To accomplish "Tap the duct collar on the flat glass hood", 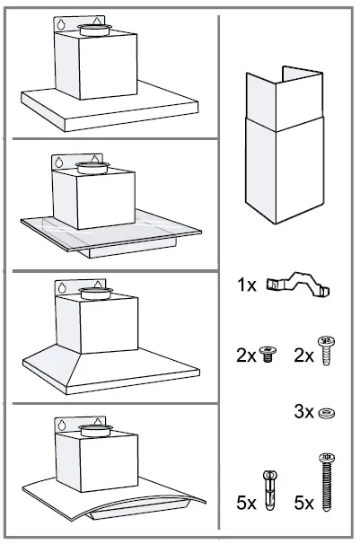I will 92,166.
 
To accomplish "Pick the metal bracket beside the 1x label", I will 298,285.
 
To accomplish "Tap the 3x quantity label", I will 305,412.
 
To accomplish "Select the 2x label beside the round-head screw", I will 305,355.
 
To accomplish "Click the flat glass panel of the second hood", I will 54,229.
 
